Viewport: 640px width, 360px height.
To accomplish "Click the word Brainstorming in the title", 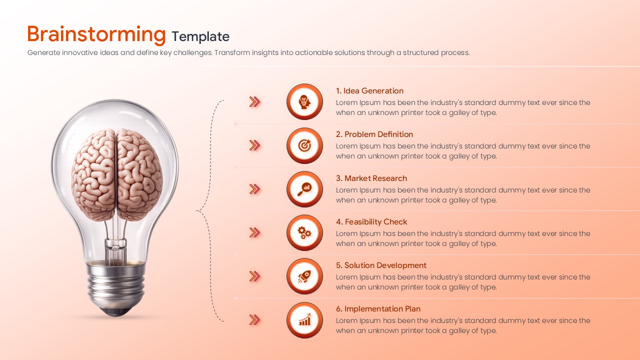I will (96, 34).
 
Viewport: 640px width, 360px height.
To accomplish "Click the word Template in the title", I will (200, 36).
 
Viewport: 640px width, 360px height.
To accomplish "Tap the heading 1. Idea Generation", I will (369, 91).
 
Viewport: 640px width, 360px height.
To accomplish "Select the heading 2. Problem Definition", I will (374, 134).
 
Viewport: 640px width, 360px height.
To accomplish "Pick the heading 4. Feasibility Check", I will (371, 222).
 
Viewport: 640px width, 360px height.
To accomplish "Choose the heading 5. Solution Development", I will (381, 265).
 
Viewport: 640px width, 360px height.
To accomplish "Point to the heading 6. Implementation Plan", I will (378, 309).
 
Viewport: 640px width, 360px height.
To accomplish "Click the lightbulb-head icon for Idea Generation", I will (304, 102).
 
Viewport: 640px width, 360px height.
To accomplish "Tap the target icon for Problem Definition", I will (304, 145).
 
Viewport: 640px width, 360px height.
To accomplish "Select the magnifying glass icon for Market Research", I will (304, 189).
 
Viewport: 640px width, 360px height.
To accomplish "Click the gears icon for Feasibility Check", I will (304, 232).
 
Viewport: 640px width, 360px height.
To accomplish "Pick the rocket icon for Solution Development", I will (304, 276).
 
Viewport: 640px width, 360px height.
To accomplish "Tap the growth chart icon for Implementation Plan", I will (304, 320).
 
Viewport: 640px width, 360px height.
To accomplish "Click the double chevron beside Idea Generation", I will (255, 102).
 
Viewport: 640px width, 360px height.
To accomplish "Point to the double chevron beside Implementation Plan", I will (255, 320).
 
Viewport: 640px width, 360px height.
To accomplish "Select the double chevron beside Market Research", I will (255, 189).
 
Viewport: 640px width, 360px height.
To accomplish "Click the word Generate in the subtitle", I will (43, 52).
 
